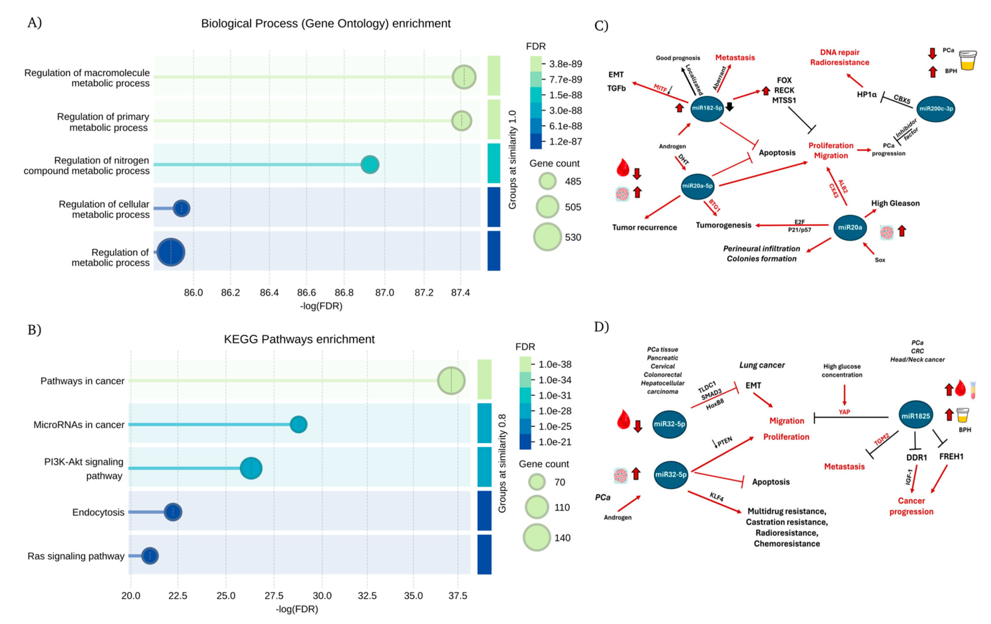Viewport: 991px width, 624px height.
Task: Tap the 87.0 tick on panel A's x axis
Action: point(384,293)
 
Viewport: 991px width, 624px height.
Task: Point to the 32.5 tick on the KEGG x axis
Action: point(367,596)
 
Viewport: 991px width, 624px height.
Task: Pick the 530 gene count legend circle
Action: point(547,237)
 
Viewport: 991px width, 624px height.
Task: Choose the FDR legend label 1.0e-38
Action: point(555,364)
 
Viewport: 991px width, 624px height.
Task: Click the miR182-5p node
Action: point(707,108)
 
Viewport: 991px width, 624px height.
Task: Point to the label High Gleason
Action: point(895,203)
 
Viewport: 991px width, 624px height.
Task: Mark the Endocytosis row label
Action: point(98,513)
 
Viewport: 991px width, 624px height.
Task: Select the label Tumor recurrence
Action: point(644,228)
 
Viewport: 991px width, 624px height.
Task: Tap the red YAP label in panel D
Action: point(844,412)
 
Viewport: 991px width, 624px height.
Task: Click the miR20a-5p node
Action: point(697,186)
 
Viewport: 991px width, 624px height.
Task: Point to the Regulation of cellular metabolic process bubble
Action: point(181,208)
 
